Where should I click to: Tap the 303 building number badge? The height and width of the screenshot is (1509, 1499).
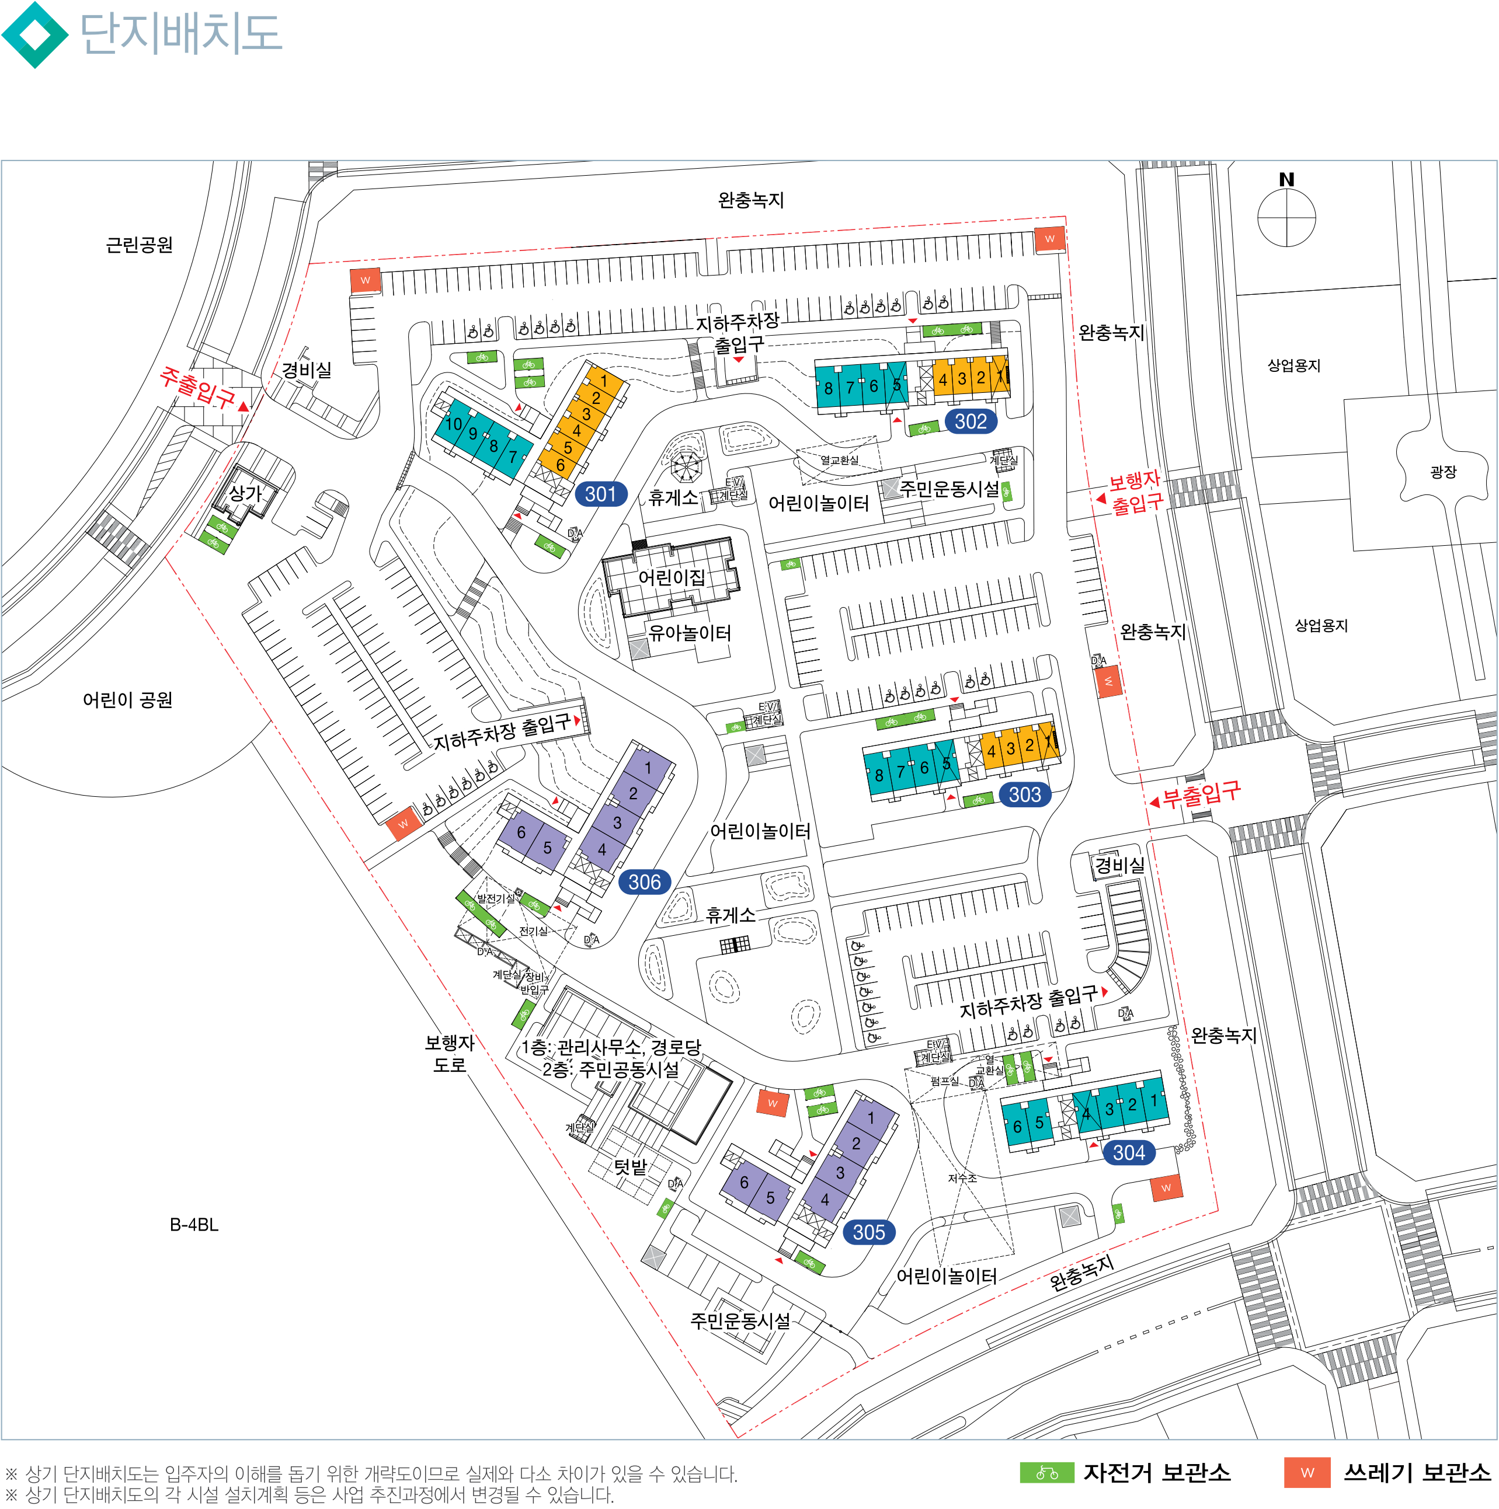tap(1024, 794)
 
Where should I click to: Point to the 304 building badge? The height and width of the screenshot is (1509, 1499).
tap(1128, 1152)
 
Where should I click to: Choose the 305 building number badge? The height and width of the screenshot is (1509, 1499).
tap(868, 1232)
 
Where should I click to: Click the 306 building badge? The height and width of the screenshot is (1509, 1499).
tap(645, 882)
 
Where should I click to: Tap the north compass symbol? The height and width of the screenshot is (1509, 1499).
tap(1286, 211)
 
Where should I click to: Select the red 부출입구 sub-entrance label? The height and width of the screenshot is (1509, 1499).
tap(1201, 794)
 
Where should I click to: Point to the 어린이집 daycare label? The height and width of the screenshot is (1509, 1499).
tap(671, 577)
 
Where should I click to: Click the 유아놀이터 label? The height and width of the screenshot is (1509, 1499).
tap(690, 633)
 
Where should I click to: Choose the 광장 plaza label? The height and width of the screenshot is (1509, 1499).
tap(1443, 472)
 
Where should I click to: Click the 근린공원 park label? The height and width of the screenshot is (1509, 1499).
tap(139, 245)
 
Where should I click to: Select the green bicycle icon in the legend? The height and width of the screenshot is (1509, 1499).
tap(1046, 1472)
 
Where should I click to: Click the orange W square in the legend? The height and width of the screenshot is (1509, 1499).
tap(1307, 1472)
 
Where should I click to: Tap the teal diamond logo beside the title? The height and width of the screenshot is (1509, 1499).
tap(34, 34)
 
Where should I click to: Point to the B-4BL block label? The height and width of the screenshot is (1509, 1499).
tap(194, 1224)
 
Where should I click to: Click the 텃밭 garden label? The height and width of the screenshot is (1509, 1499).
tap(629, 1167)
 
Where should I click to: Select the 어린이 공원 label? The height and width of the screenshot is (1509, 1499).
tap(127, 700)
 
